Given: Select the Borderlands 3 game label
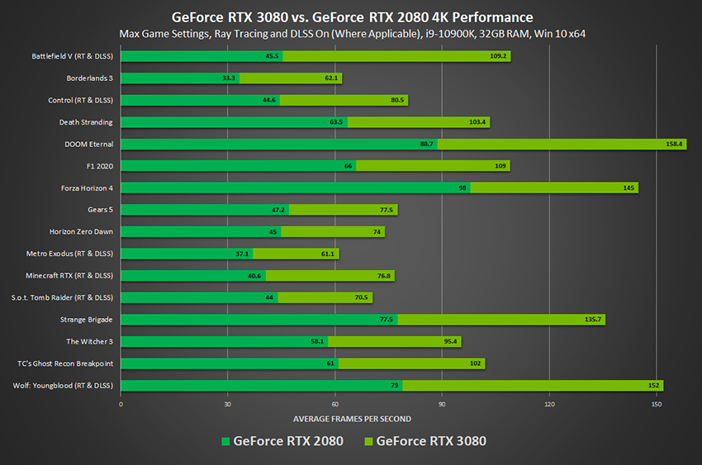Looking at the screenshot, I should [90, 78].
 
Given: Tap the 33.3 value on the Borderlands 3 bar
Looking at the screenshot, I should [229, 78].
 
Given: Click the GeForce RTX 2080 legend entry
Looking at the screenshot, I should [281, 441].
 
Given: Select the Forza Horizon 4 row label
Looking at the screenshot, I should [87, 187].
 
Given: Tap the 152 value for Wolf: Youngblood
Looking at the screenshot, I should [653, 385].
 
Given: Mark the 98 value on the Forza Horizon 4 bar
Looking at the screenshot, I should [463, 187].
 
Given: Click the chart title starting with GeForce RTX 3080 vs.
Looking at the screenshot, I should [351, 17].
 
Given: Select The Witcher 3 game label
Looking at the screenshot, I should [89, 341].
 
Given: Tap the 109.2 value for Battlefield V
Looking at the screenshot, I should [499, 56].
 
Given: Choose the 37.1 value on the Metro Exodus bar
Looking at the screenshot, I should [242, 254].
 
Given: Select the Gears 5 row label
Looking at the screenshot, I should [100, 210].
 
